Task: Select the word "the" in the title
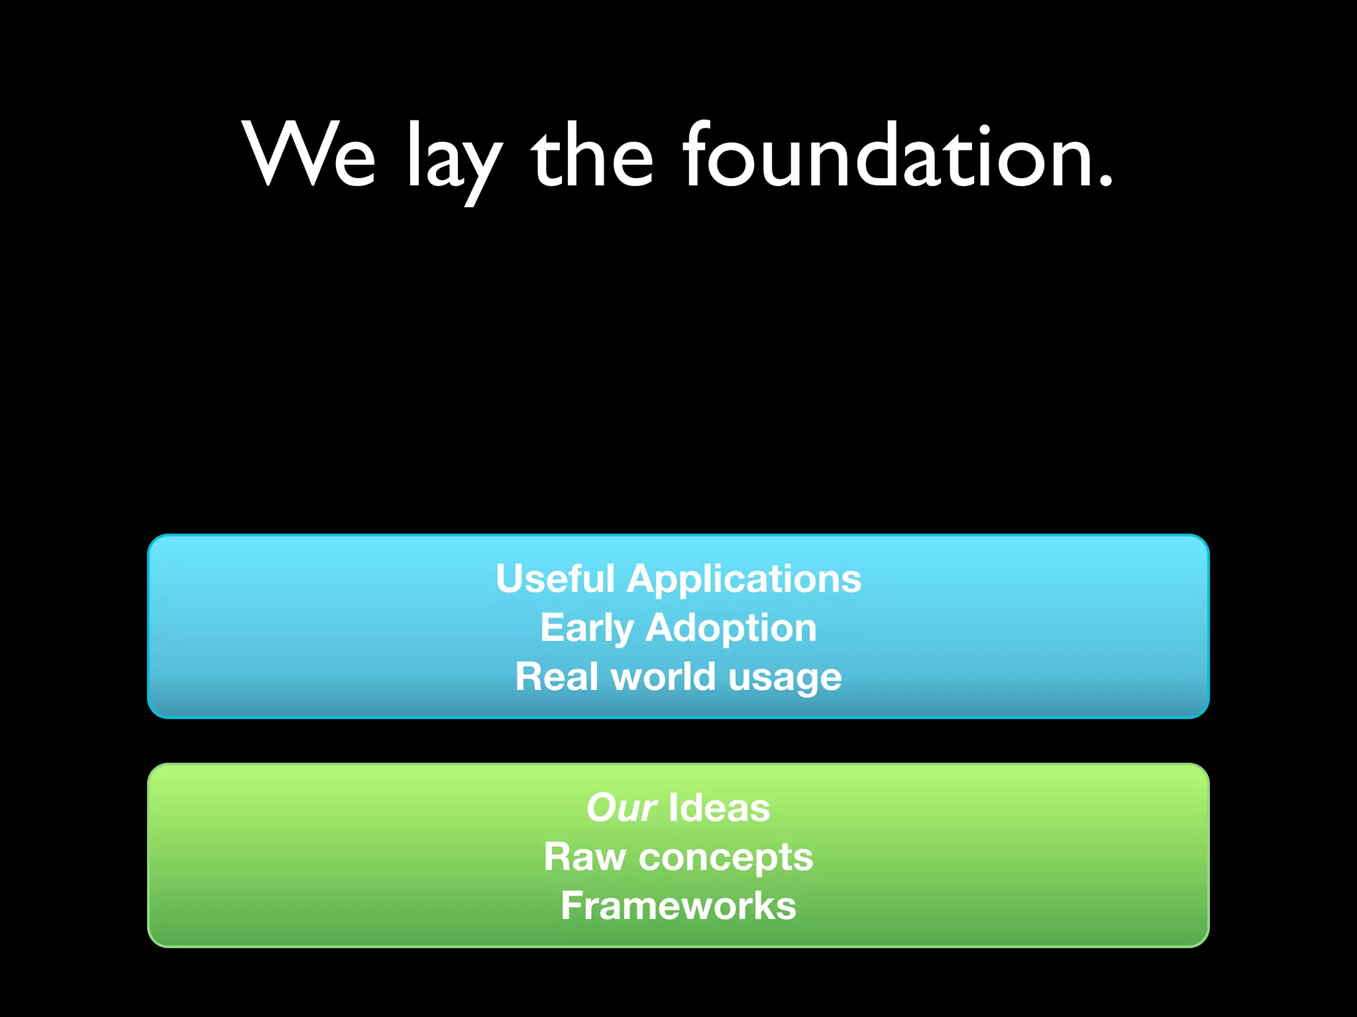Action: coord(592,155)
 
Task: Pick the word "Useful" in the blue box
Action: coord(555,579)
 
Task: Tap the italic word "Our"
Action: coord(622,808)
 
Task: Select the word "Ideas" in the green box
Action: coord(720,808)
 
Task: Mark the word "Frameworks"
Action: coord(678,906)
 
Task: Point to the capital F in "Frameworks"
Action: coord(572,905)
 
